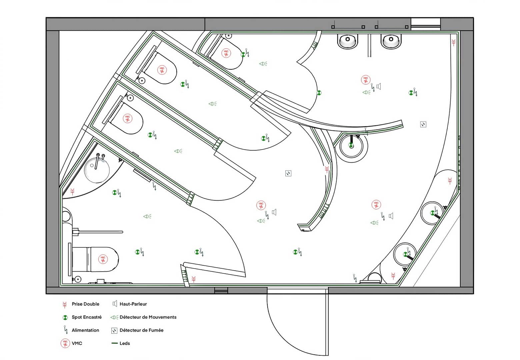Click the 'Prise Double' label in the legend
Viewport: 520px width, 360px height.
pyautogui.click(x=85, y=304)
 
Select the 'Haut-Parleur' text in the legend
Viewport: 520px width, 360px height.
pyautogui.click(x=133, y=304)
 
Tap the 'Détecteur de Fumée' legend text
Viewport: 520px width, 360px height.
pyautogui.click(x=141, y=330)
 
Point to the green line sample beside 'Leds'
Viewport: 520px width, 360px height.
pyautogui.click(x=115, y=343)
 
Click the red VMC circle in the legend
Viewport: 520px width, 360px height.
pyautogui.click(x=65, y=343)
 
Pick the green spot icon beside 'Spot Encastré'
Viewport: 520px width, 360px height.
pyautogui.click(x=65, y=318)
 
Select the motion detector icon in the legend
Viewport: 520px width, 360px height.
pyautogui.click(x=114, y=317)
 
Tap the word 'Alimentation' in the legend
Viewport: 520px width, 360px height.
pyautogui.click(x=85, y=330)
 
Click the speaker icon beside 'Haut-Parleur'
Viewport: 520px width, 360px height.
pyautogui.click(x=115, y=304)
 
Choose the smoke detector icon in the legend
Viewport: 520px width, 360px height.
pyautogui.click(x=114, y=331)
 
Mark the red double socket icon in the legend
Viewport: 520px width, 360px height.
pyautogui.click(x=65, y=305)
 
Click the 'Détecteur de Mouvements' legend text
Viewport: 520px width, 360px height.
pyautogui.click(x=148, y=317)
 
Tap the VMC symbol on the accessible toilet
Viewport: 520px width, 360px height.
pyautogui.click(x=103, y=259)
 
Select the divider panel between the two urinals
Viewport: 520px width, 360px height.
pyautogui.click(x=369, y=45)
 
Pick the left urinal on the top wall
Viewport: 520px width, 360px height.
pyautogui.click(x=348, y=41)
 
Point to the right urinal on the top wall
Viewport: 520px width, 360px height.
pyautogui.click(x=391, y=41)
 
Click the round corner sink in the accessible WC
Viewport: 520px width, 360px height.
pyautogui.click(x=97, y=170)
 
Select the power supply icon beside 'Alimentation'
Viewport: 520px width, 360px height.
pyautogui.click(x=66, y=330)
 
